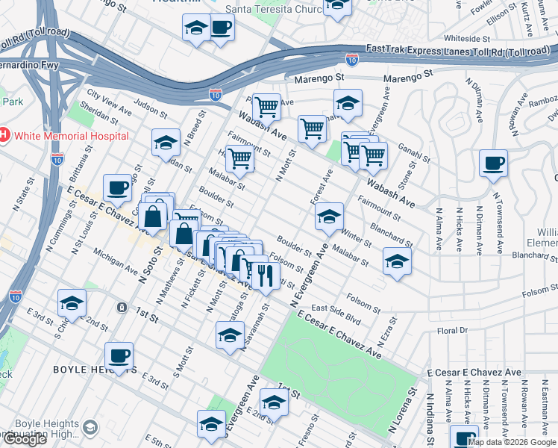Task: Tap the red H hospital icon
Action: tap(3, 136)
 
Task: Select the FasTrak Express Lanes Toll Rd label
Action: tap(457, 52)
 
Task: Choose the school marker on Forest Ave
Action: tap(328, 217)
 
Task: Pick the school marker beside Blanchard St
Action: tap(397, 262)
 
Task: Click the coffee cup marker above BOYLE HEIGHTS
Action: tap(119, 356)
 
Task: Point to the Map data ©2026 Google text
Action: tap(512, 442)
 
